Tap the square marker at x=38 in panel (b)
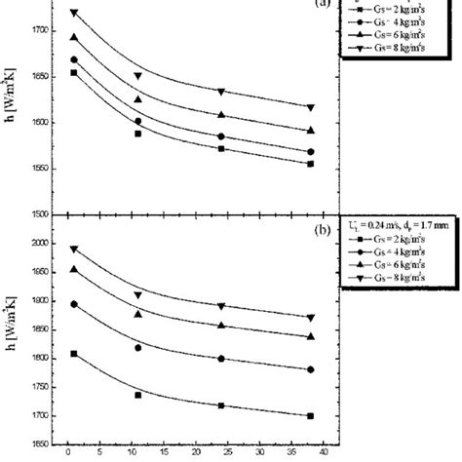click(x=310, y=416)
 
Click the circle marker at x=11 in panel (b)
click(x=137, y=348)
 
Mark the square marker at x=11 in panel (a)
click(x=137, y=134)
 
